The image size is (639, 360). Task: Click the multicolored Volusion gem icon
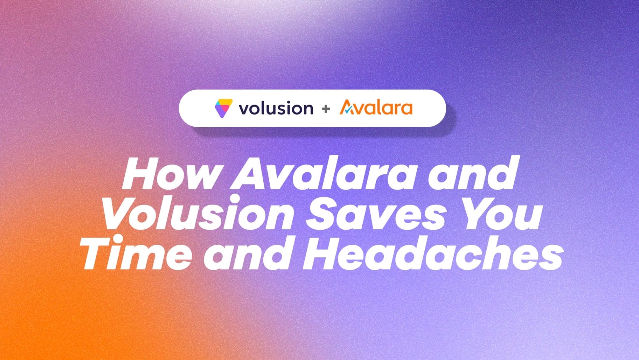pyautogui.click(x=223, y=108)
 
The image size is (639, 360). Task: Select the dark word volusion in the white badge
pyautogui.click(x=276, y=108)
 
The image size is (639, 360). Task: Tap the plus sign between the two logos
pyautogui.click(x=326, y=109)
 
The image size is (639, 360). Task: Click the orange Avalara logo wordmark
pyautogui.click(x=376, y=107)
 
